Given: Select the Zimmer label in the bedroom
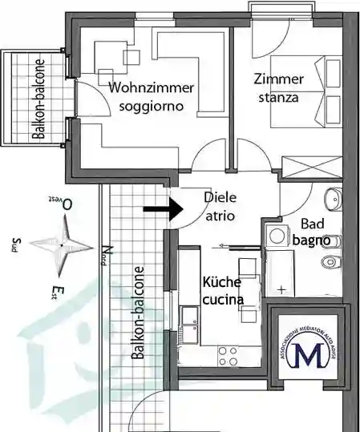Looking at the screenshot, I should [x=279, y=80].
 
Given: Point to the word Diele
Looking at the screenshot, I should [x=220, y=197].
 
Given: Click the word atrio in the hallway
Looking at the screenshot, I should [x=220, y=214].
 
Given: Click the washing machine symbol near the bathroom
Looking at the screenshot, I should [x=277, y=235].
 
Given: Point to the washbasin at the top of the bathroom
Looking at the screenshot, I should [x=334, y=198].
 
